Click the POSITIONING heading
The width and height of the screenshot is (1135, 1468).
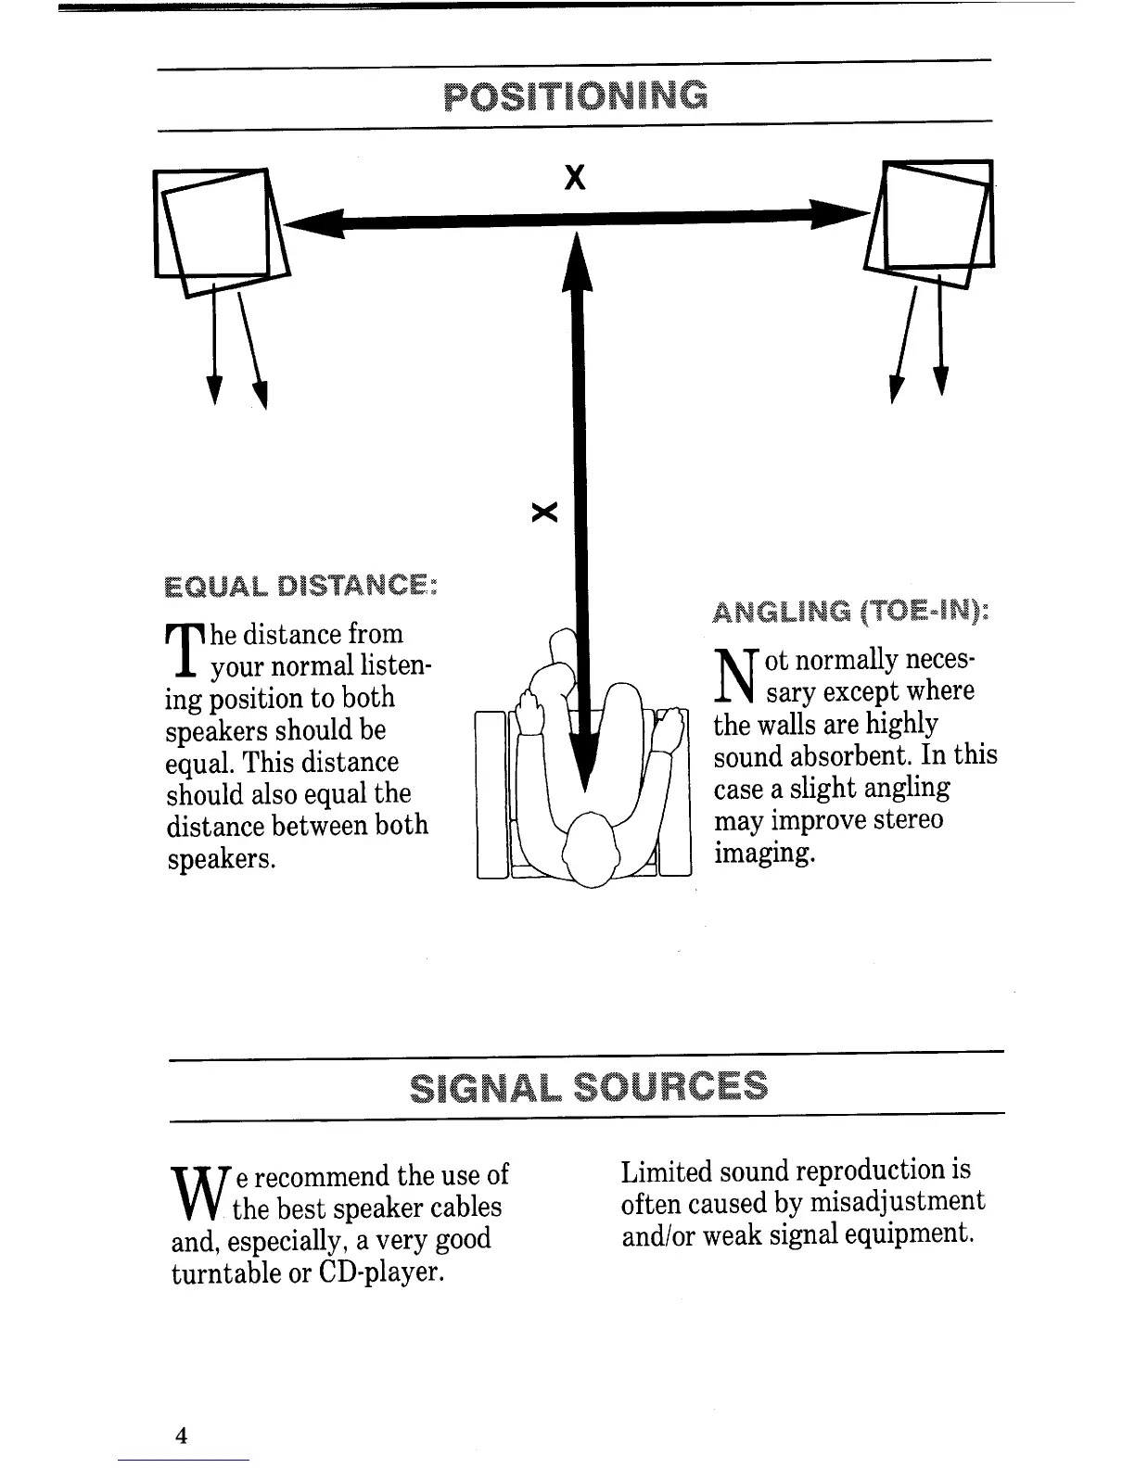[x=575, y=95]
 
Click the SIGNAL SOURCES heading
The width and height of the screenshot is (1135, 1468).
[x=589, y=1085]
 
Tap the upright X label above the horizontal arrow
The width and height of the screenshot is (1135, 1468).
[x=576, y=176]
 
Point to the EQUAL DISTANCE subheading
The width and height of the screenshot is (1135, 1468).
[x=300, y=586]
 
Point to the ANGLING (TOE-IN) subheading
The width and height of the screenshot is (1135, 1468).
[x=850, y=612]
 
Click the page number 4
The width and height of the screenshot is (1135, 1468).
[x=182, y=1436]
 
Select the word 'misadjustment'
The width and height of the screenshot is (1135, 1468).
[x=897, y=1202]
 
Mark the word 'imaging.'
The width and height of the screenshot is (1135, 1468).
[x=764, y=853]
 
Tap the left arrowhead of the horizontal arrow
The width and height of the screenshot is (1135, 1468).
[x=311, y=223]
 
